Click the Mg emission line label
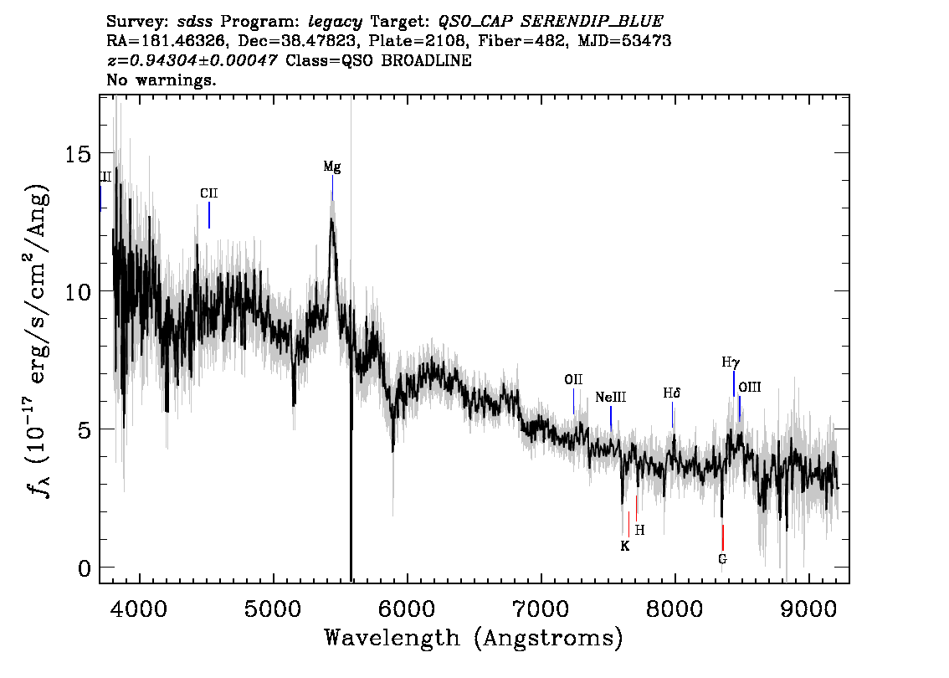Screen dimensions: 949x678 pos(331,167)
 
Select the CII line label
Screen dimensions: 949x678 pos(209,193)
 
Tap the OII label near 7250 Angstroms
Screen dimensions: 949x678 pos(573,379)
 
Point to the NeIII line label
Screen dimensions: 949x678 pos(611,397)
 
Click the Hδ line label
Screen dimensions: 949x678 pos(672,393)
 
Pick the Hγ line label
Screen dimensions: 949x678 pos(731,362)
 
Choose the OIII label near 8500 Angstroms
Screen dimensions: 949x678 pos(750,387)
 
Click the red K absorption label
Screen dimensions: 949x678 pos(625,546)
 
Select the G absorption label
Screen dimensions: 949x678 pos(723,559)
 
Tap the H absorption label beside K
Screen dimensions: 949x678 pos(639,531)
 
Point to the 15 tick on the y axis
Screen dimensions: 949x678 pos(78,154)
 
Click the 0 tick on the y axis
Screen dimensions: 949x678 pos(85,568)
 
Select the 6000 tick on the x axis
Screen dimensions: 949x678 pos(407,608)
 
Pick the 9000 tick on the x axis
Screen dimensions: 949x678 pos(808,608)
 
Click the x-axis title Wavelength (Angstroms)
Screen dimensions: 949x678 pos(474,638)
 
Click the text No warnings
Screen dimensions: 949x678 pos(161,80)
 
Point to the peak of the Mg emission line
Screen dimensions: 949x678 pos(331,219)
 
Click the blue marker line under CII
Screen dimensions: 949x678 pos(209,215)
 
